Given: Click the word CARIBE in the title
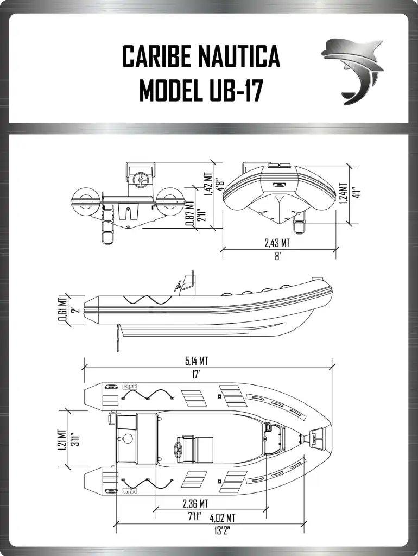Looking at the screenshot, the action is (x=155, y=56).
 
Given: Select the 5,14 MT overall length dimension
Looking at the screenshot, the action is (x=196, y=361).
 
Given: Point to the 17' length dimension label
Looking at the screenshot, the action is (x=196, y=375).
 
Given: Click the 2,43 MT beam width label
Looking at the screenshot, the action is (x=277, y=243).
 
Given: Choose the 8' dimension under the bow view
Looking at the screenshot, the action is (x=277, y=256).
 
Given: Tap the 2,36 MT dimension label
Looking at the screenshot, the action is (x=195, y=503).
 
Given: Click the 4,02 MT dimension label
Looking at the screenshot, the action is (x=222, y=517).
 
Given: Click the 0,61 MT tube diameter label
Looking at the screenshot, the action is (x=62, y=309).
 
